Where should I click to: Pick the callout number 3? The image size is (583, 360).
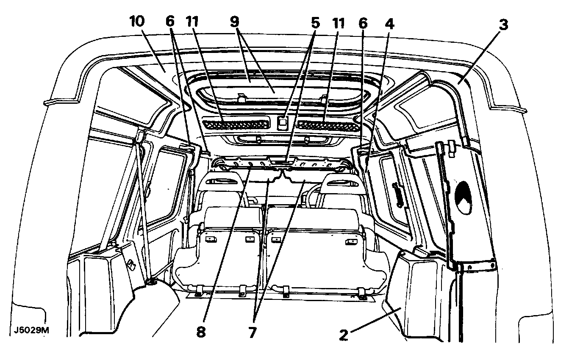503,25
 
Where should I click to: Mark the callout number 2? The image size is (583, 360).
344,335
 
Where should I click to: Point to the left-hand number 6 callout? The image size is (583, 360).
170,22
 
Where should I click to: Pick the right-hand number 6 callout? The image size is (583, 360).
363,23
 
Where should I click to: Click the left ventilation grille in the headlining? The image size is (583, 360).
236,125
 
